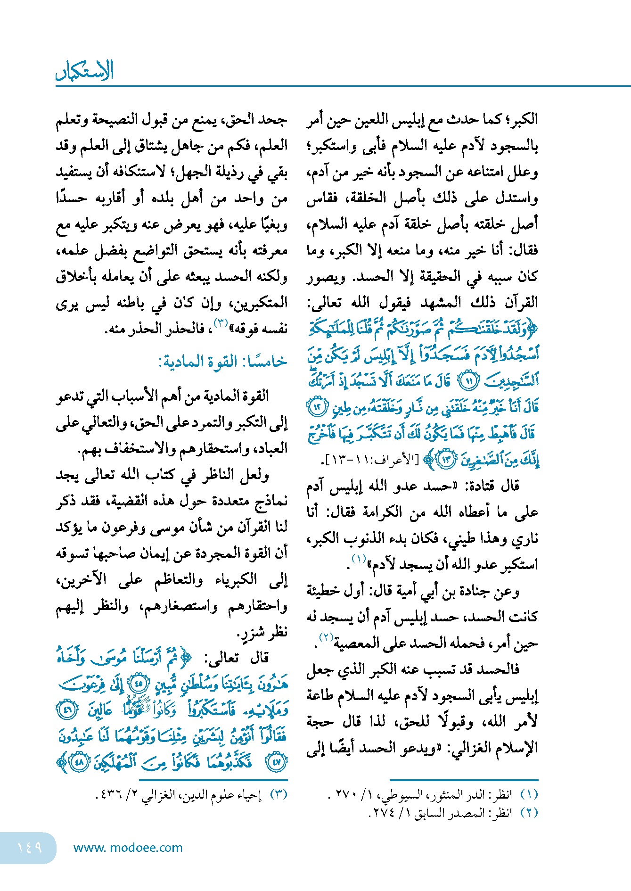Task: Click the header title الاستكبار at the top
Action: click(x=85, y=71)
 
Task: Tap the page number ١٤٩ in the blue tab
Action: click(x=29, y=847)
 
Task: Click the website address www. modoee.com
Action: click(x=128, y=848)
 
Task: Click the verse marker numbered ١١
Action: click(x=468, y=380)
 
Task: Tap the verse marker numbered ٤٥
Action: click(x=139, y=684)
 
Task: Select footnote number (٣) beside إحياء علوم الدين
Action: click(x=279, y=794)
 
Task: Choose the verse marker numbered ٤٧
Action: click(x=276, y=762)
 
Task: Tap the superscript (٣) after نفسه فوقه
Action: click(x=221, y=323)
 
